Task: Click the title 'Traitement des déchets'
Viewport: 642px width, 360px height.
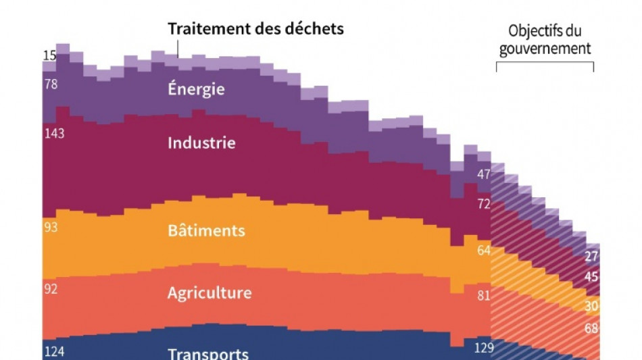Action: [x=255, y=29]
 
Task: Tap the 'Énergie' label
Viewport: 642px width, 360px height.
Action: [x=196, y=89]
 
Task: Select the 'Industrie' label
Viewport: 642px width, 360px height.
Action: [x=201, y=143]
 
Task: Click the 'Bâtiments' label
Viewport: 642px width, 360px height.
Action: [x=206, y=230]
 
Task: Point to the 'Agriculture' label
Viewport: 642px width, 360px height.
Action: [x=209, y=293]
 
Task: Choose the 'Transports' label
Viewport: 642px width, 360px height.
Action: [x=208, y=353]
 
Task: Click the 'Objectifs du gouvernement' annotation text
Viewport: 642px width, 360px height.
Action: [x=545, y=40]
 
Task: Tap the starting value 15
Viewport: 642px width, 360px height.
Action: [x=49, y=56]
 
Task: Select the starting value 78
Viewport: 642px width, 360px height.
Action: [x=50, y=84]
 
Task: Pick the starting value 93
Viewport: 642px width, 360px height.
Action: [x=50, y=227]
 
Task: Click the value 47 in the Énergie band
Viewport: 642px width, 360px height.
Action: [x=484, y=174]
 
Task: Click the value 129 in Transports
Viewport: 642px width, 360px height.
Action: [x=484, y=349]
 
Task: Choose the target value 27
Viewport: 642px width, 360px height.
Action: [x=591, y=256]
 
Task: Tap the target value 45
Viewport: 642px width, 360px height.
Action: [x=591, y=277]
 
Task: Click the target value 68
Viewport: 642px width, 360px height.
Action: [x=591, y=329]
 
